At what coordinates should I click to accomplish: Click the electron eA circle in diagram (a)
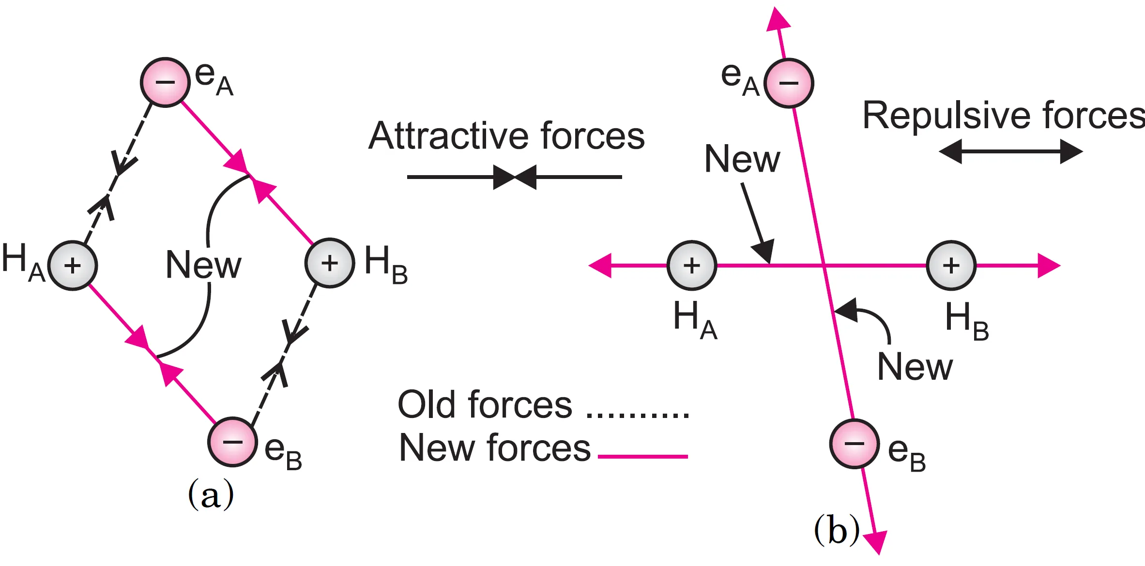tap(165, 82)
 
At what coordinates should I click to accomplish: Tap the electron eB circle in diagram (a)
tap(232, 442)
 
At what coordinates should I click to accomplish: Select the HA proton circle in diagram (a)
tap(73, 265)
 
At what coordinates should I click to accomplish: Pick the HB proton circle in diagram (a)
tap(330, 263)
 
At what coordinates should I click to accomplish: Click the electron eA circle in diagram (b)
tap(789, 83)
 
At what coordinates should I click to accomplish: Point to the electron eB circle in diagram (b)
tap(855, 444)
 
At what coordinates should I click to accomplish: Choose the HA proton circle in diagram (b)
tap(692, 265)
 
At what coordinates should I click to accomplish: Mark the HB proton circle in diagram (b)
tap(951, 265)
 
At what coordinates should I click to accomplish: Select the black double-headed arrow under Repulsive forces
tap(1010, 151)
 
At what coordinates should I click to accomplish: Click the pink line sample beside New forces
tap(643, 456)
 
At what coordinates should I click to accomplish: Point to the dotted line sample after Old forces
tap(638, 415)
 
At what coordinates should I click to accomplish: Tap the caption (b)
tap(837, 530)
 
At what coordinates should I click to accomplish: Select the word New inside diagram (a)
tap(203, 265)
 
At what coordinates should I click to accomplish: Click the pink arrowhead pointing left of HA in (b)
tap(600, 265)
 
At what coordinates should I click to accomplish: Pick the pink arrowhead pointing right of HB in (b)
tap(1049, 265)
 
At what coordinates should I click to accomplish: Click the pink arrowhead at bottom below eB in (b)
tap(876, 542)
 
